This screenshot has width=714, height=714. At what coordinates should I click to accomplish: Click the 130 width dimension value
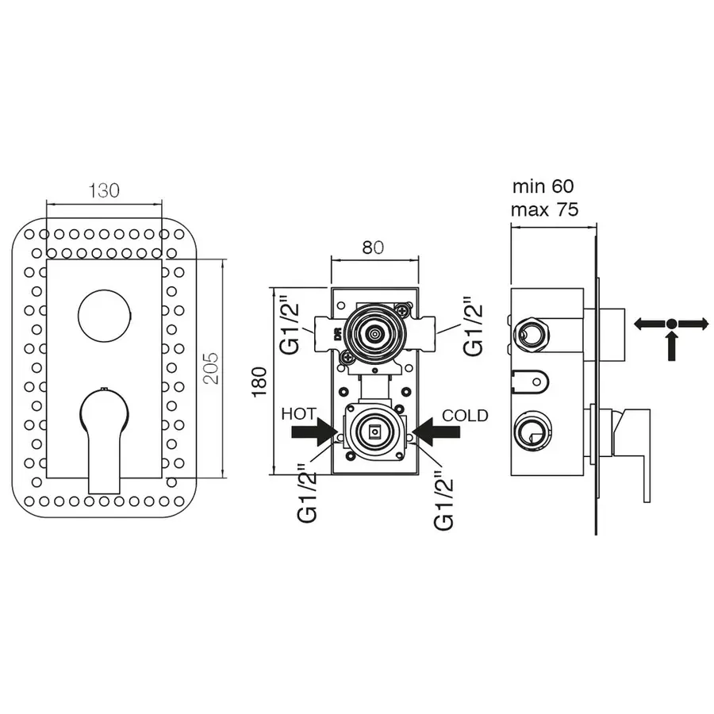[104, 190]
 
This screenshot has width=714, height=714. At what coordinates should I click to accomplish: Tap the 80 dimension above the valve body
[373, 247]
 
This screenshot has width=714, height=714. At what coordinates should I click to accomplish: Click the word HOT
[298, 414]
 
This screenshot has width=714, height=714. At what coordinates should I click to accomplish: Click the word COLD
[465, 415]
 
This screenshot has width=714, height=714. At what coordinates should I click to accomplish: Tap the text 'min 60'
[543, 186]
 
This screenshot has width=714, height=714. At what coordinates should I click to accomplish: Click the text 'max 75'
[545, 210]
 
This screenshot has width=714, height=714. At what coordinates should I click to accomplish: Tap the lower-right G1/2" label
[444, 497]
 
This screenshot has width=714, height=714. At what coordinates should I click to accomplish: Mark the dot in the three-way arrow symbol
[671, 323]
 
